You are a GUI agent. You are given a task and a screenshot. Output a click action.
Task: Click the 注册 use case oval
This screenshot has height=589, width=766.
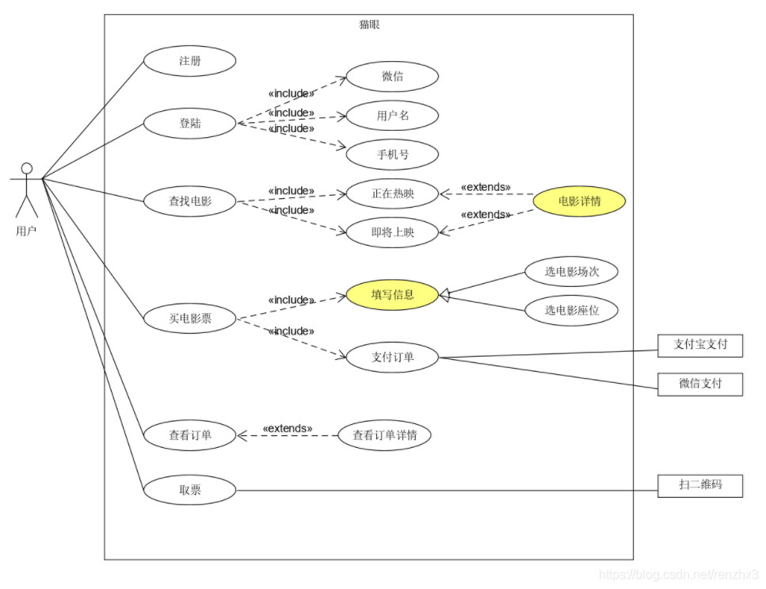(x=189, y=61)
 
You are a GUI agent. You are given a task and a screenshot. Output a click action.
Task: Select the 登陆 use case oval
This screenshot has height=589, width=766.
(x=189, y=123)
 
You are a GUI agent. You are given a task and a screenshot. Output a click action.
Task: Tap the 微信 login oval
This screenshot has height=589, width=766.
(x=392, y=77)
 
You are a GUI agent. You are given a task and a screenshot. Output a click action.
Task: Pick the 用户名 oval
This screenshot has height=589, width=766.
(x=392, y=116)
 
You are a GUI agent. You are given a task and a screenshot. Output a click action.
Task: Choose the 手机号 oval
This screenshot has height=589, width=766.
(x=392, y=155)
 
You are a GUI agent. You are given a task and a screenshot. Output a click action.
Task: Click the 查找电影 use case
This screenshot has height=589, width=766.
(x=189, y=201)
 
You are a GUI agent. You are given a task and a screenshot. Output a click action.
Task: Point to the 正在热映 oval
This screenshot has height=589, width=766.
(x=392, y=193)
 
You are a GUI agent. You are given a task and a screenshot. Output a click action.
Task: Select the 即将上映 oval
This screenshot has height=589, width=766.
(x=392, y=232)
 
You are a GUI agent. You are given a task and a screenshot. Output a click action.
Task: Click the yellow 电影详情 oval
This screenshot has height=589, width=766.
(x=579, y=201)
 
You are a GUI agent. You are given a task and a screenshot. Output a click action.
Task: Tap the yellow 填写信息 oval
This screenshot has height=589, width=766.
(x=392, y=295)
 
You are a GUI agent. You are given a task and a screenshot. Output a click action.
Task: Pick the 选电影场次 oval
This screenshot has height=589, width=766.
(x=571, y=271)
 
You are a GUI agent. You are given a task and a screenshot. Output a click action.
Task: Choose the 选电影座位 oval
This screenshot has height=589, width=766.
(x=571, y=310)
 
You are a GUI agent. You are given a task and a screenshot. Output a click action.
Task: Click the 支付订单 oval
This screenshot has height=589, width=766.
(x=392, y=357)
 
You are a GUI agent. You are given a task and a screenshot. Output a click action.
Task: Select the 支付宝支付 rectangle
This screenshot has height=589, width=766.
(x=700, y=345)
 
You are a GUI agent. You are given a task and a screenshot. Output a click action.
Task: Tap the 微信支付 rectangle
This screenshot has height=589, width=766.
(x=700, y=384)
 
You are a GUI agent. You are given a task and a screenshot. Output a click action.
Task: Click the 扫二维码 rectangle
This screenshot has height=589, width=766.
(x=700, y=485)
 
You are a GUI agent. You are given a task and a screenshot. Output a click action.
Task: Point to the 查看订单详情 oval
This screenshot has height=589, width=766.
(x=384, y=435)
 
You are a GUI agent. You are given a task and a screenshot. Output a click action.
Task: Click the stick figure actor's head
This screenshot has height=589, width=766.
(x=27, y=168)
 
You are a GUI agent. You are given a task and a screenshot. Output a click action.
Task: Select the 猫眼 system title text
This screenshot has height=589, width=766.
(x=369, y=25)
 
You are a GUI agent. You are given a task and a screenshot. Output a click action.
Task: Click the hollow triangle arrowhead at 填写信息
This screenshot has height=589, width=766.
(x=444, y=295)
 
